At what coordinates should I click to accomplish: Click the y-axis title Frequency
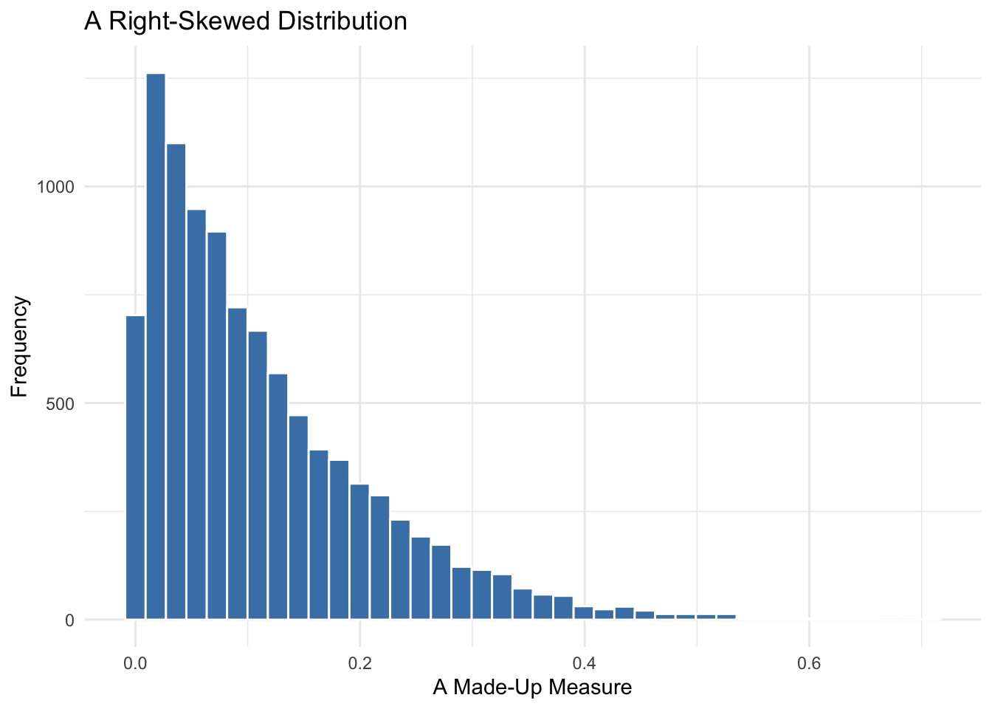click(x=20, y=346)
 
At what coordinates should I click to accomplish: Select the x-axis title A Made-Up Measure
click(x=532, y=688)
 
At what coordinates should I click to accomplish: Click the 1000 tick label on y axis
click(x=57, y=187)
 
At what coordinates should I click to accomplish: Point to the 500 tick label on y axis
click(x=61, y=403)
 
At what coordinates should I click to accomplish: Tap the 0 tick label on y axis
click(x=69, y=620)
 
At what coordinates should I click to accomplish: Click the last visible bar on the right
click(x=726, y=617)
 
